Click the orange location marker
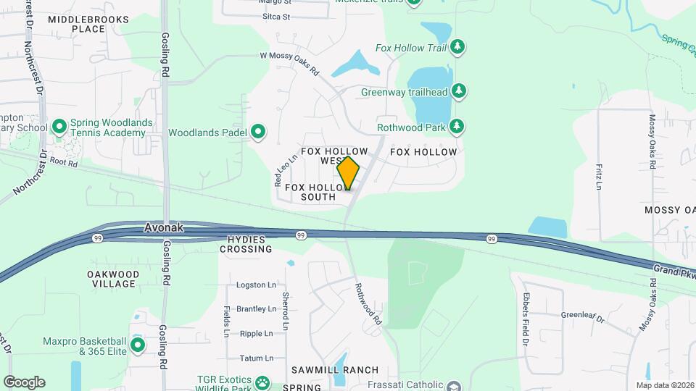[x=348, y=174]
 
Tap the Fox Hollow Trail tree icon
[x=457, y=48]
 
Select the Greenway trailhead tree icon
[x=458, y=91]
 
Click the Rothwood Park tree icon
[x=457, y=127]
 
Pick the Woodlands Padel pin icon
[x=258, y=133]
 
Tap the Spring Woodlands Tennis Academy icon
[x=59, y=127]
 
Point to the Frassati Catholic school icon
[x=454, y=385]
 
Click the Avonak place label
[x=164, y=227]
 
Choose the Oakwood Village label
[x=112, y=279]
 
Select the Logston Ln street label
[x=256, y=285]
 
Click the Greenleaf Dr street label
[x=584, y=315]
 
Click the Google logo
[x=24, y=382]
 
